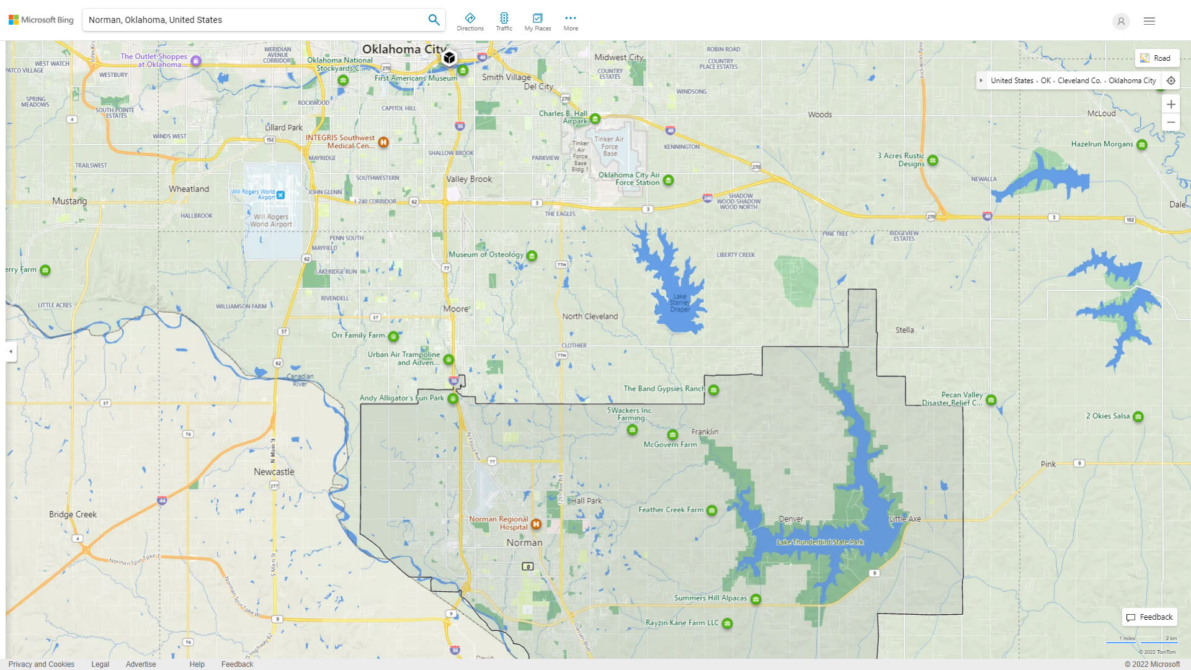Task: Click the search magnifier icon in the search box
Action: click(434, 20)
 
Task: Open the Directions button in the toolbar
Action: click(470, 22)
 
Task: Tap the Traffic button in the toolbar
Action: click(504, 22)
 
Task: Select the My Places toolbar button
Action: click(537, 22)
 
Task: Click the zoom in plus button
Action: click(1171, 104)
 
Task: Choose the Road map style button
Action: click(1156, 58)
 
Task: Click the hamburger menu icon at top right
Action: click(1149, 21)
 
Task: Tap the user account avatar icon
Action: click(1121, 22)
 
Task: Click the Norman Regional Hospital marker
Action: click(536, 524)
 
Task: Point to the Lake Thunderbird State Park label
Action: click(819, 542)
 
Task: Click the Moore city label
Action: click(456, 309)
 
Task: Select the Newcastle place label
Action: click(274, 472)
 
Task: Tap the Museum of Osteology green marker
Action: click(532, 256)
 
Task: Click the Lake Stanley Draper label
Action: click(680, 303)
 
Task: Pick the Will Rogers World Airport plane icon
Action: click(280, 195)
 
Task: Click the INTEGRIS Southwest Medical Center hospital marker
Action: click(383, 142)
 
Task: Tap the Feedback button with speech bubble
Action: click(1149, 617)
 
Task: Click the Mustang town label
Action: click(69, 201)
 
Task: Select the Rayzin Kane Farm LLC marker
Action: click(727, 623)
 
